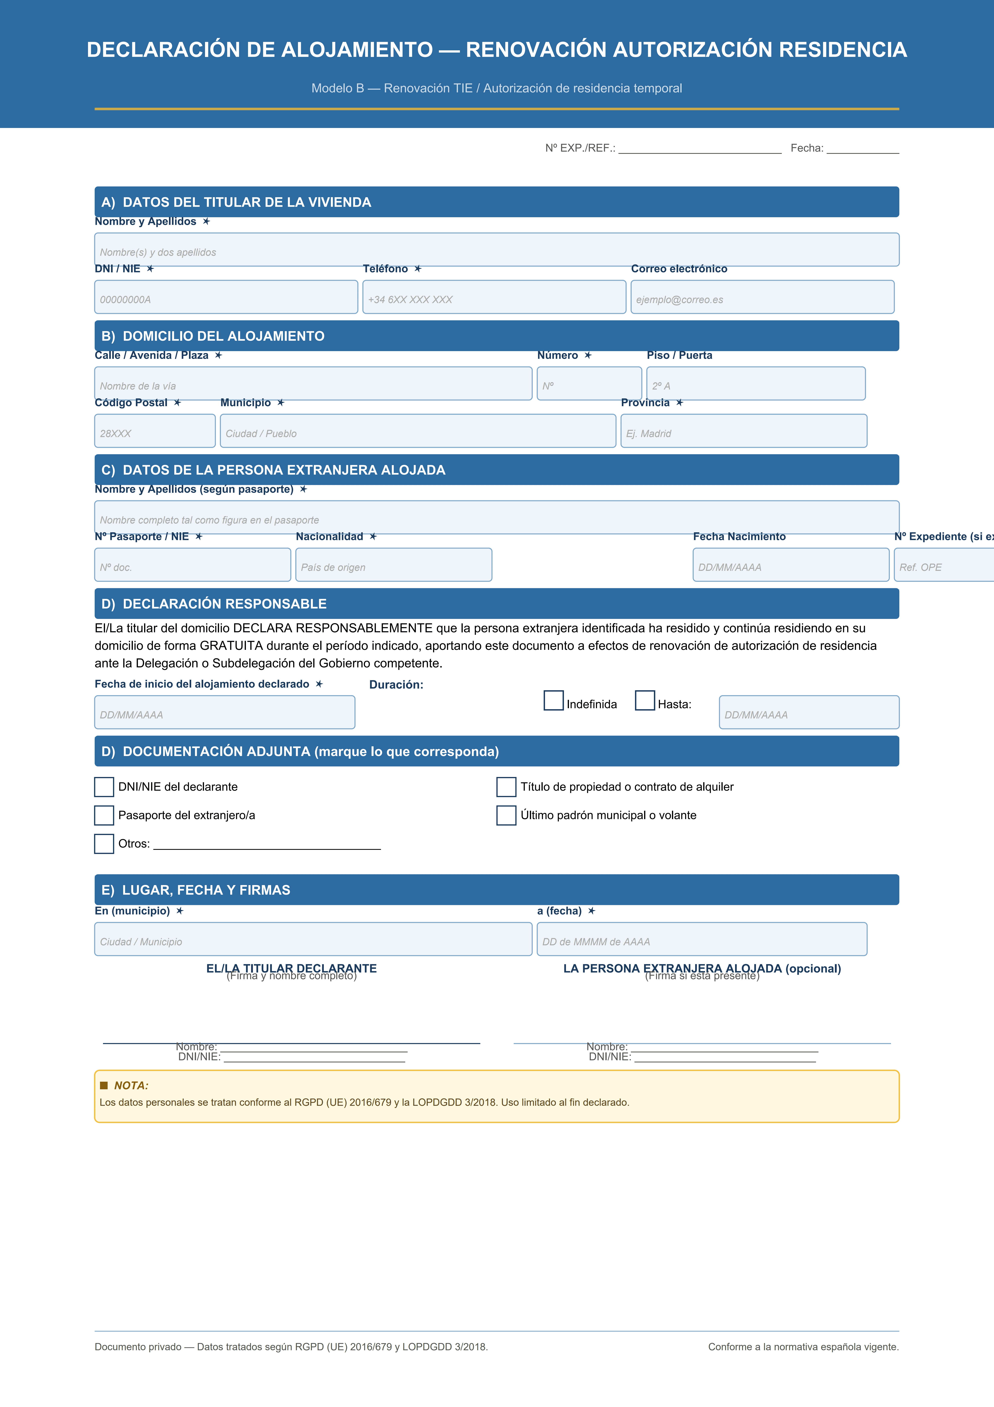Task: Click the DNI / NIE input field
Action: tap(226, 297)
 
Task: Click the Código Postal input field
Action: tap(155, 431)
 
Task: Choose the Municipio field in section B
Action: tap(418, 431)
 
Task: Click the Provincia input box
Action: tap(743, 431)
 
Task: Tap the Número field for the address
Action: tap(589, 384)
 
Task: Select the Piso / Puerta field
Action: tap(756, 384)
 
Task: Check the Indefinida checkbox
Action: tap(554, 700)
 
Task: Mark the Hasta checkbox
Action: tap(645, 700)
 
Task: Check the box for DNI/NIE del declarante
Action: tap(104, 787)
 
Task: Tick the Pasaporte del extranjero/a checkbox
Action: tap(104, 815)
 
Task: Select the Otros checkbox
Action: tap(104, 844)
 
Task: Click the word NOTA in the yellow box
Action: tap(131, 1085)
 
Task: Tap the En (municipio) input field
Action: tap(313, 939)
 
